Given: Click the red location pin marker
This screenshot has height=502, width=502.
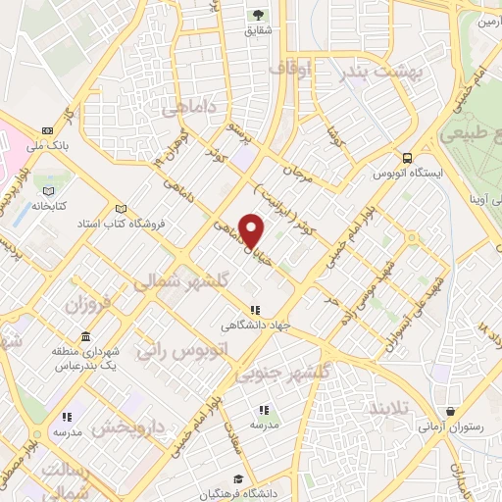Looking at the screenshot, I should tap(253, 231).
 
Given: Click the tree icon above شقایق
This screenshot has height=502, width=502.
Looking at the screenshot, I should tap(259, 15).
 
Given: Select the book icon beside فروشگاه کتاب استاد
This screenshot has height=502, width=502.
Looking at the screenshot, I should tap(122, 208).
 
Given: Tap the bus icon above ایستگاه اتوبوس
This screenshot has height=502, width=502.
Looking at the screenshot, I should tap(405, 157).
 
